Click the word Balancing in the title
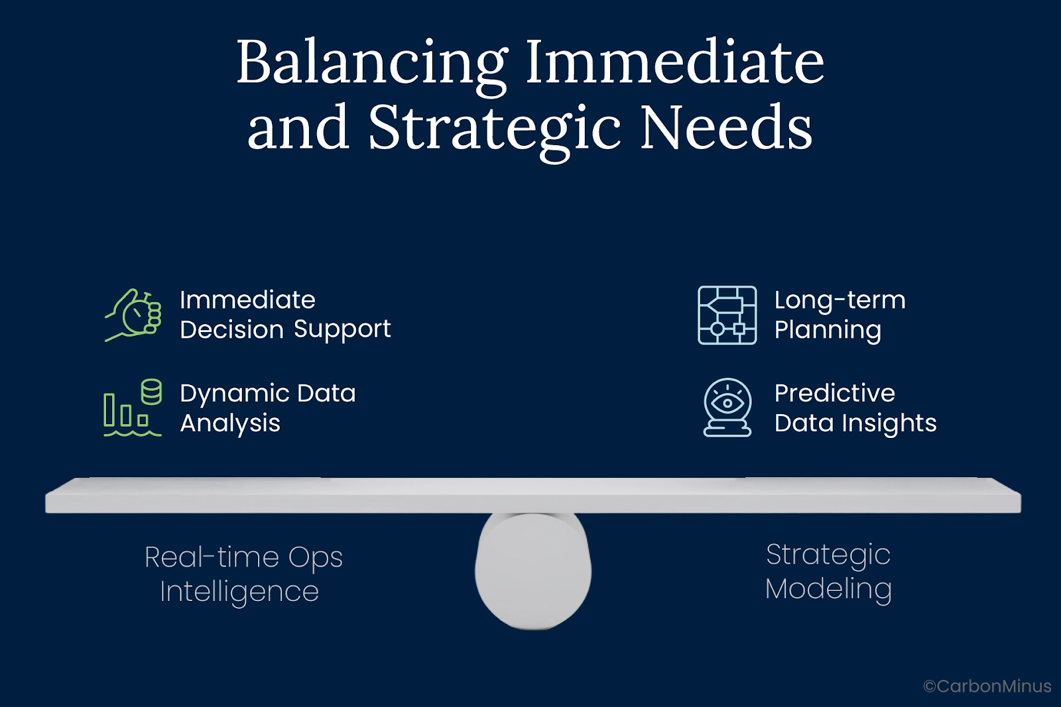372,66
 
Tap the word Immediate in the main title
675,62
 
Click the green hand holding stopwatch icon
133,315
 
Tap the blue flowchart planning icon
727,315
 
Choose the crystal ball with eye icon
727,407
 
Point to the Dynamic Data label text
268,394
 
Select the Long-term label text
840,300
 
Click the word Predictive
835,393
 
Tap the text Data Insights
855,423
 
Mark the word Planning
828,330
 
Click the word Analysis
230,423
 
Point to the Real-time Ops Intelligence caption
243,574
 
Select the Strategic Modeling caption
828,572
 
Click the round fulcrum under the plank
533,571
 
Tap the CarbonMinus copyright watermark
987,686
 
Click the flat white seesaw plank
533,495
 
